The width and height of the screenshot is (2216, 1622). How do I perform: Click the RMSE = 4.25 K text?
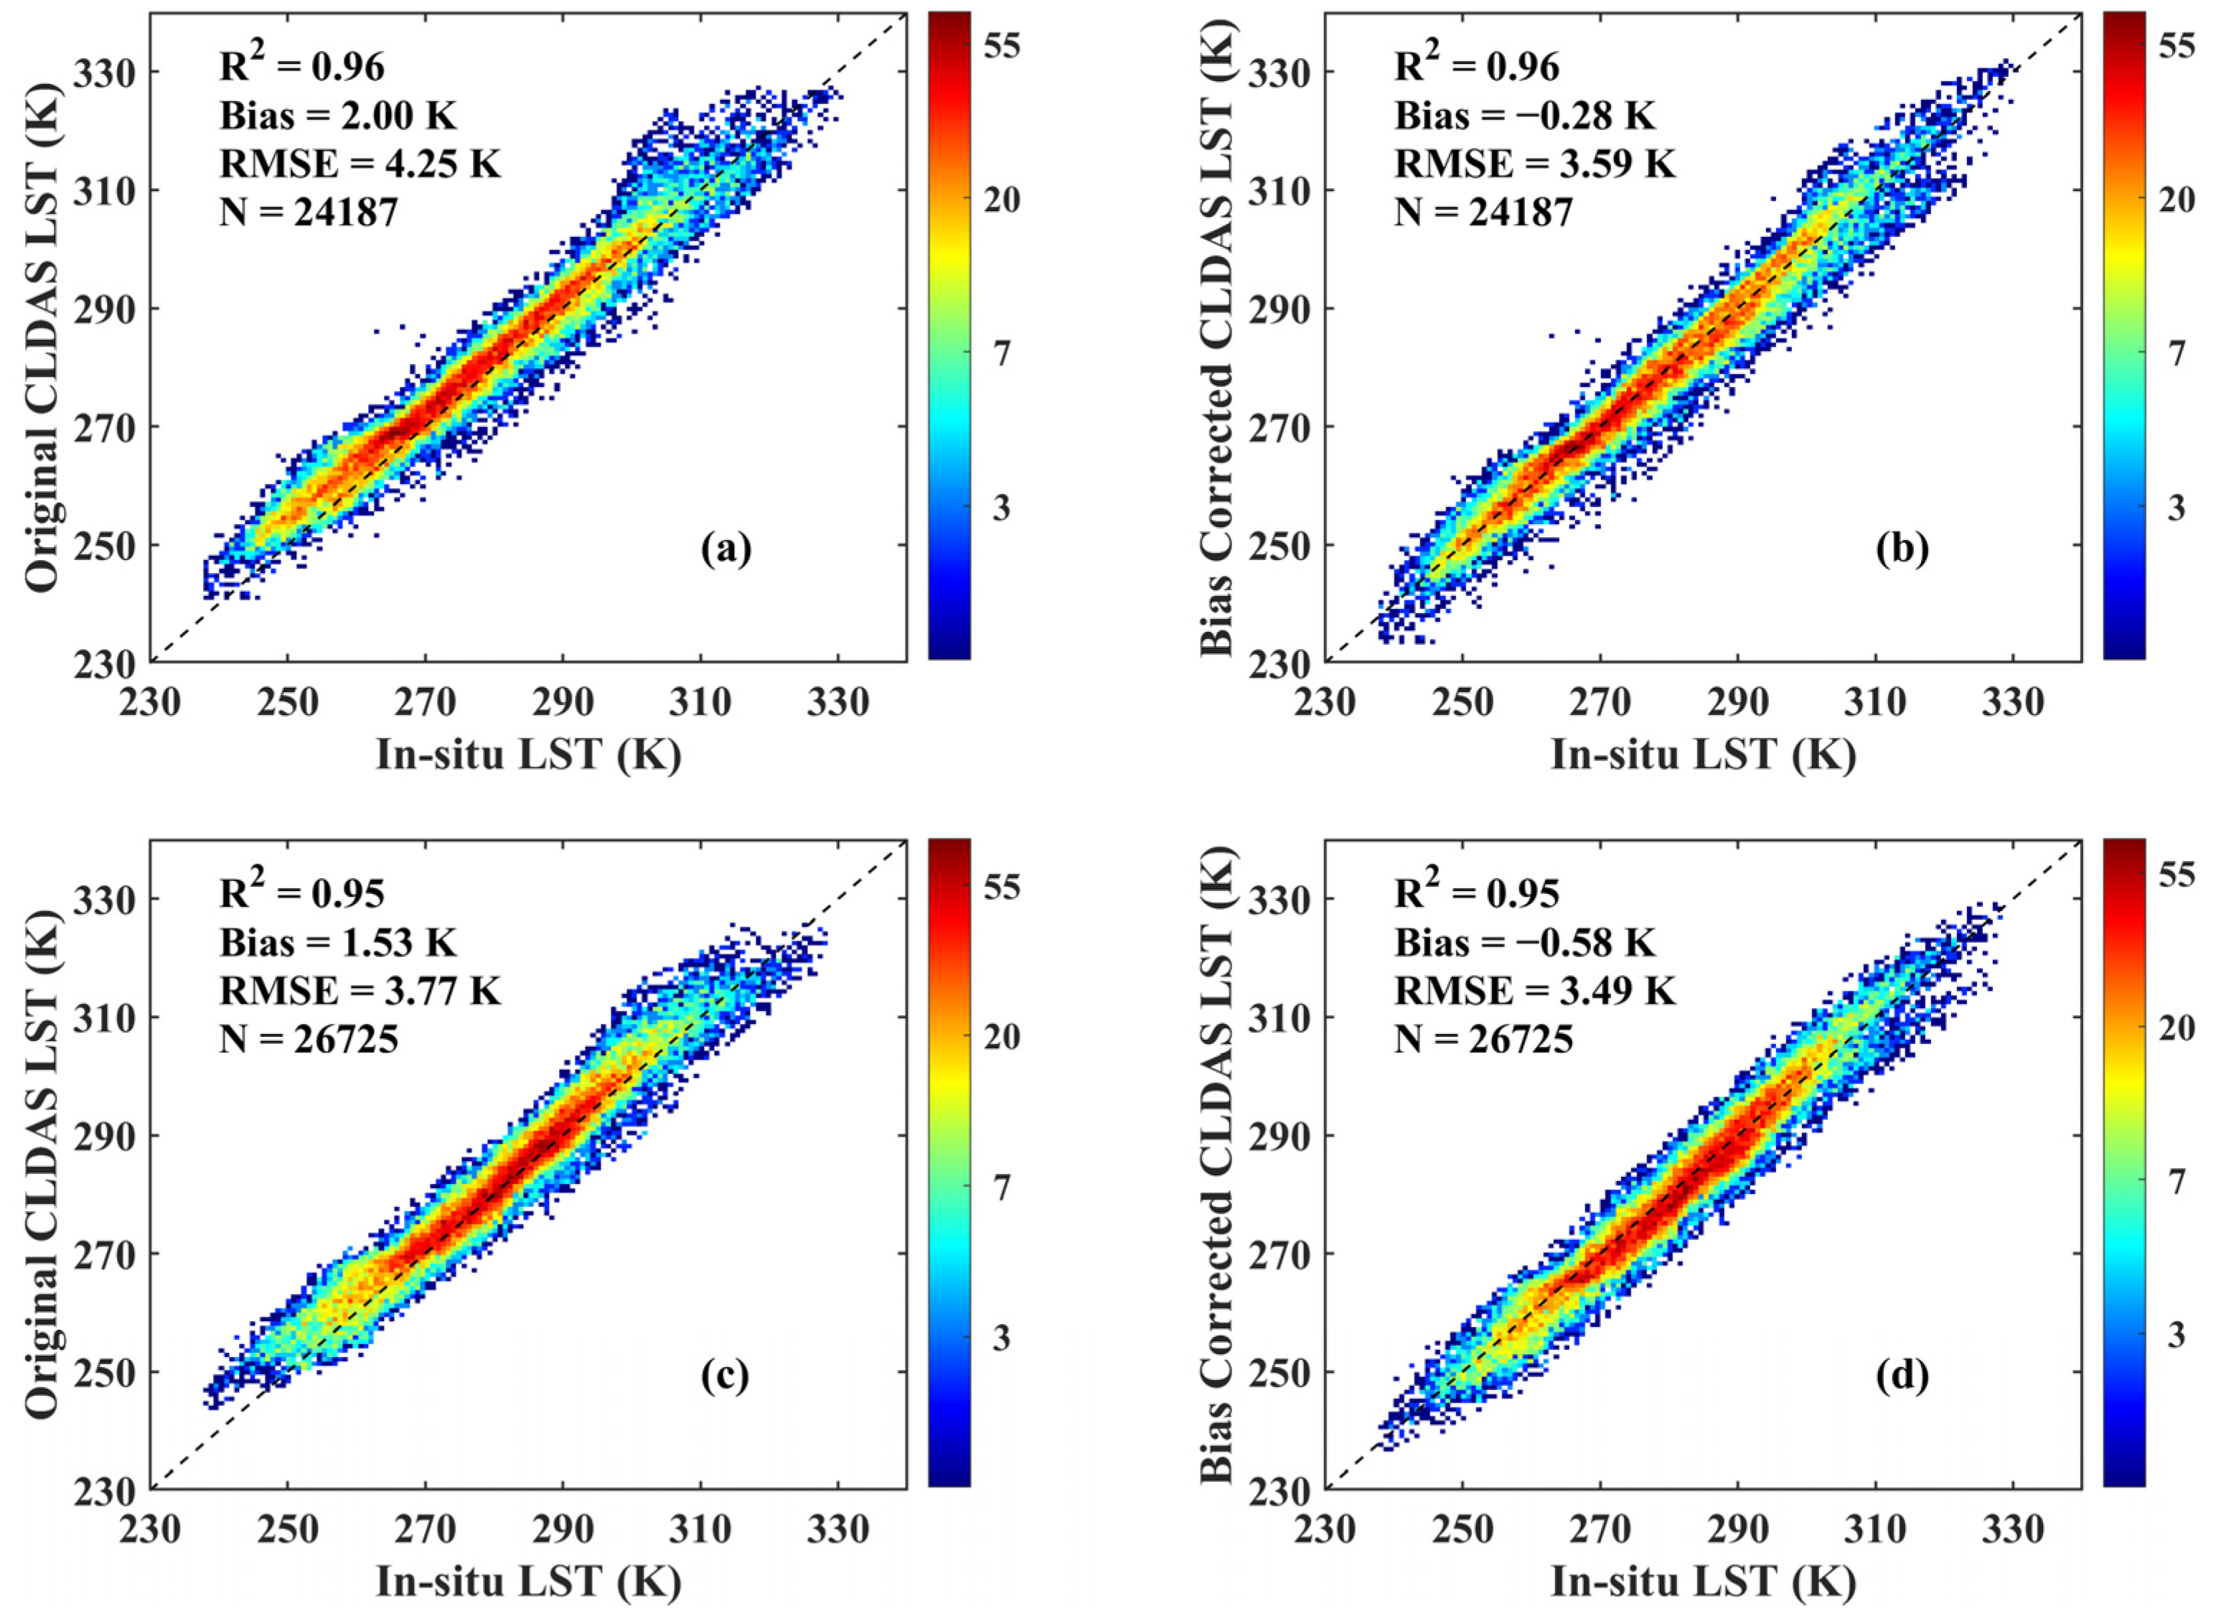click(360, 164)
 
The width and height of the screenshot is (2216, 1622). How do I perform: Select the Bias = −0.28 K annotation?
click(1524, 116)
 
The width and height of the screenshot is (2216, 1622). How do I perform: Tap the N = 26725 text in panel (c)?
click(308, 1039)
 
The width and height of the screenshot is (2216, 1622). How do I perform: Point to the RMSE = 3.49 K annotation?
click(1535, 991)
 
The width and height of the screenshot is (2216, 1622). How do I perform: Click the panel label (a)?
click(726, 549)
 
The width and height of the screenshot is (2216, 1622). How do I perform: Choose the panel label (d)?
click(1901, 1376)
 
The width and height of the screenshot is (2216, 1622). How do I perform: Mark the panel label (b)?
click(1901, 549)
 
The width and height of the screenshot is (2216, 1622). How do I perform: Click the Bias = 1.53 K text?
click(337, 943)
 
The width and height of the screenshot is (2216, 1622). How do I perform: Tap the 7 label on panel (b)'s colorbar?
click(2178, 353)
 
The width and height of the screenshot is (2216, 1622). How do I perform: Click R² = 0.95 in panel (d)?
click(1477, 892)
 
